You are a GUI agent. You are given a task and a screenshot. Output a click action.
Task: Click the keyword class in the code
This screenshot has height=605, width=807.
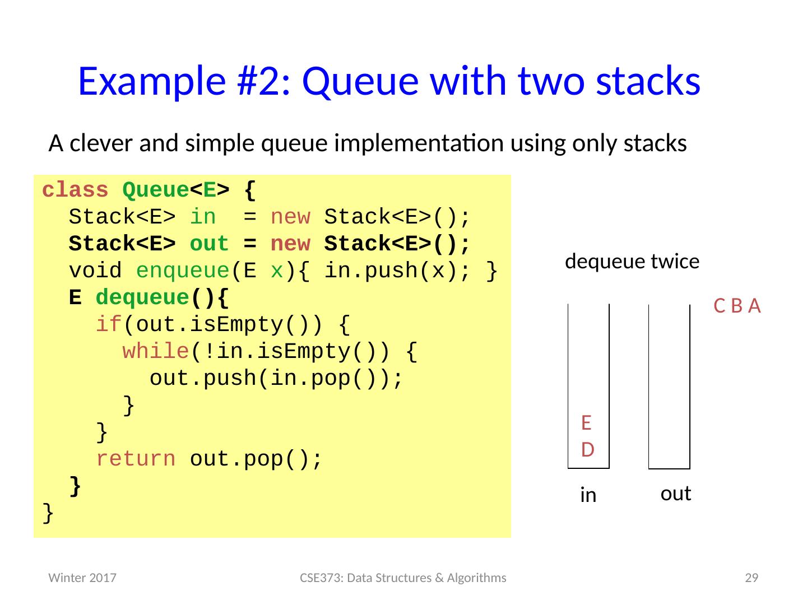tap(75, 191)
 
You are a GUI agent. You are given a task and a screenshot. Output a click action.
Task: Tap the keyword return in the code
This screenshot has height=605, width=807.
tap(136, 459)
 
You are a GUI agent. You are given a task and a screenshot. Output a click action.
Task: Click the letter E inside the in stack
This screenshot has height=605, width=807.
tap(587, 422)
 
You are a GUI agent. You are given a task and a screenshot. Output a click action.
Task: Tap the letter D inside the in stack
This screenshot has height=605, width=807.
tap(587, 449)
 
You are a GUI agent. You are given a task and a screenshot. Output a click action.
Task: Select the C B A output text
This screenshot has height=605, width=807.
tap(737, 306)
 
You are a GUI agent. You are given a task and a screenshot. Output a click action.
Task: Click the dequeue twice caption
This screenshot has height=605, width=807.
tap(632, 262)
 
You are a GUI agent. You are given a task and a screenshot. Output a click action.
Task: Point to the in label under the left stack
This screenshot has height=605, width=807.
tap(588, 495)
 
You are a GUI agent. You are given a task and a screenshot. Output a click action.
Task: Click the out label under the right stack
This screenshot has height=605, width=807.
tap(675, 494)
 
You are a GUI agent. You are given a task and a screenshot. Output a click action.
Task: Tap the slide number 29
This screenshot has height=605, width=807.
tap(750, 578)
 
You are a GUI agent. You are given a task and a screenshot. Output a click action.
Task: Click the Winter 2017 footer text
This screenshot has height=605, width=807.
tap(82, 578)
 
